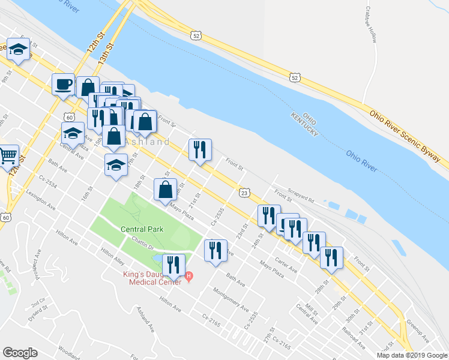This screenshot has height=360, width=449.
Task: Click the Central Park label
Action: click(142, 229)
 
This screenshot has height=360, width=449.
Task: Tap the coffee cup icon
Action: click(62, 85)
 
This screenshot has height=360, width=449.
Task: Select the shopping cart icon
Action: click(8, 157)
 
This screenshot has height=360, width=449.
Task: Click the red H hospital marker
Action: click(189, 276)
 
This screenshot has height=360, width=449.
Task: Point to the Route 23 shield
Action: click(243, 192)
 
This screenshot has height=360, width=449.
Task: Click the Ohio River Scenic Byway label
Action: click(409, 136)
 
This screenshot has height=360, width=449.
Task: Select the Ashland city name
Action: click(148, 142)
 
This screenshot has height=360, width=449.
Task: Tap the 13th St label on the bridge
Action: click(107, 53)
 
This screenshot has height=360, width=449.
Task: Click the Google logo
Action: click(20, 353)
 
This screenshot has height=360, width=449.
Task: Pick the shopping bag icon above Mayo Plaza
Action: click(166, 191)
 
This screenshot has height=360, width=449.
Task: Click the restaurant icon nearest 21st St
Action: click(200, 151)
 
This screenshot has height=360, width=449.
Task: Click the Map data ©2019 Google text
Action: click(412, 355)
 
